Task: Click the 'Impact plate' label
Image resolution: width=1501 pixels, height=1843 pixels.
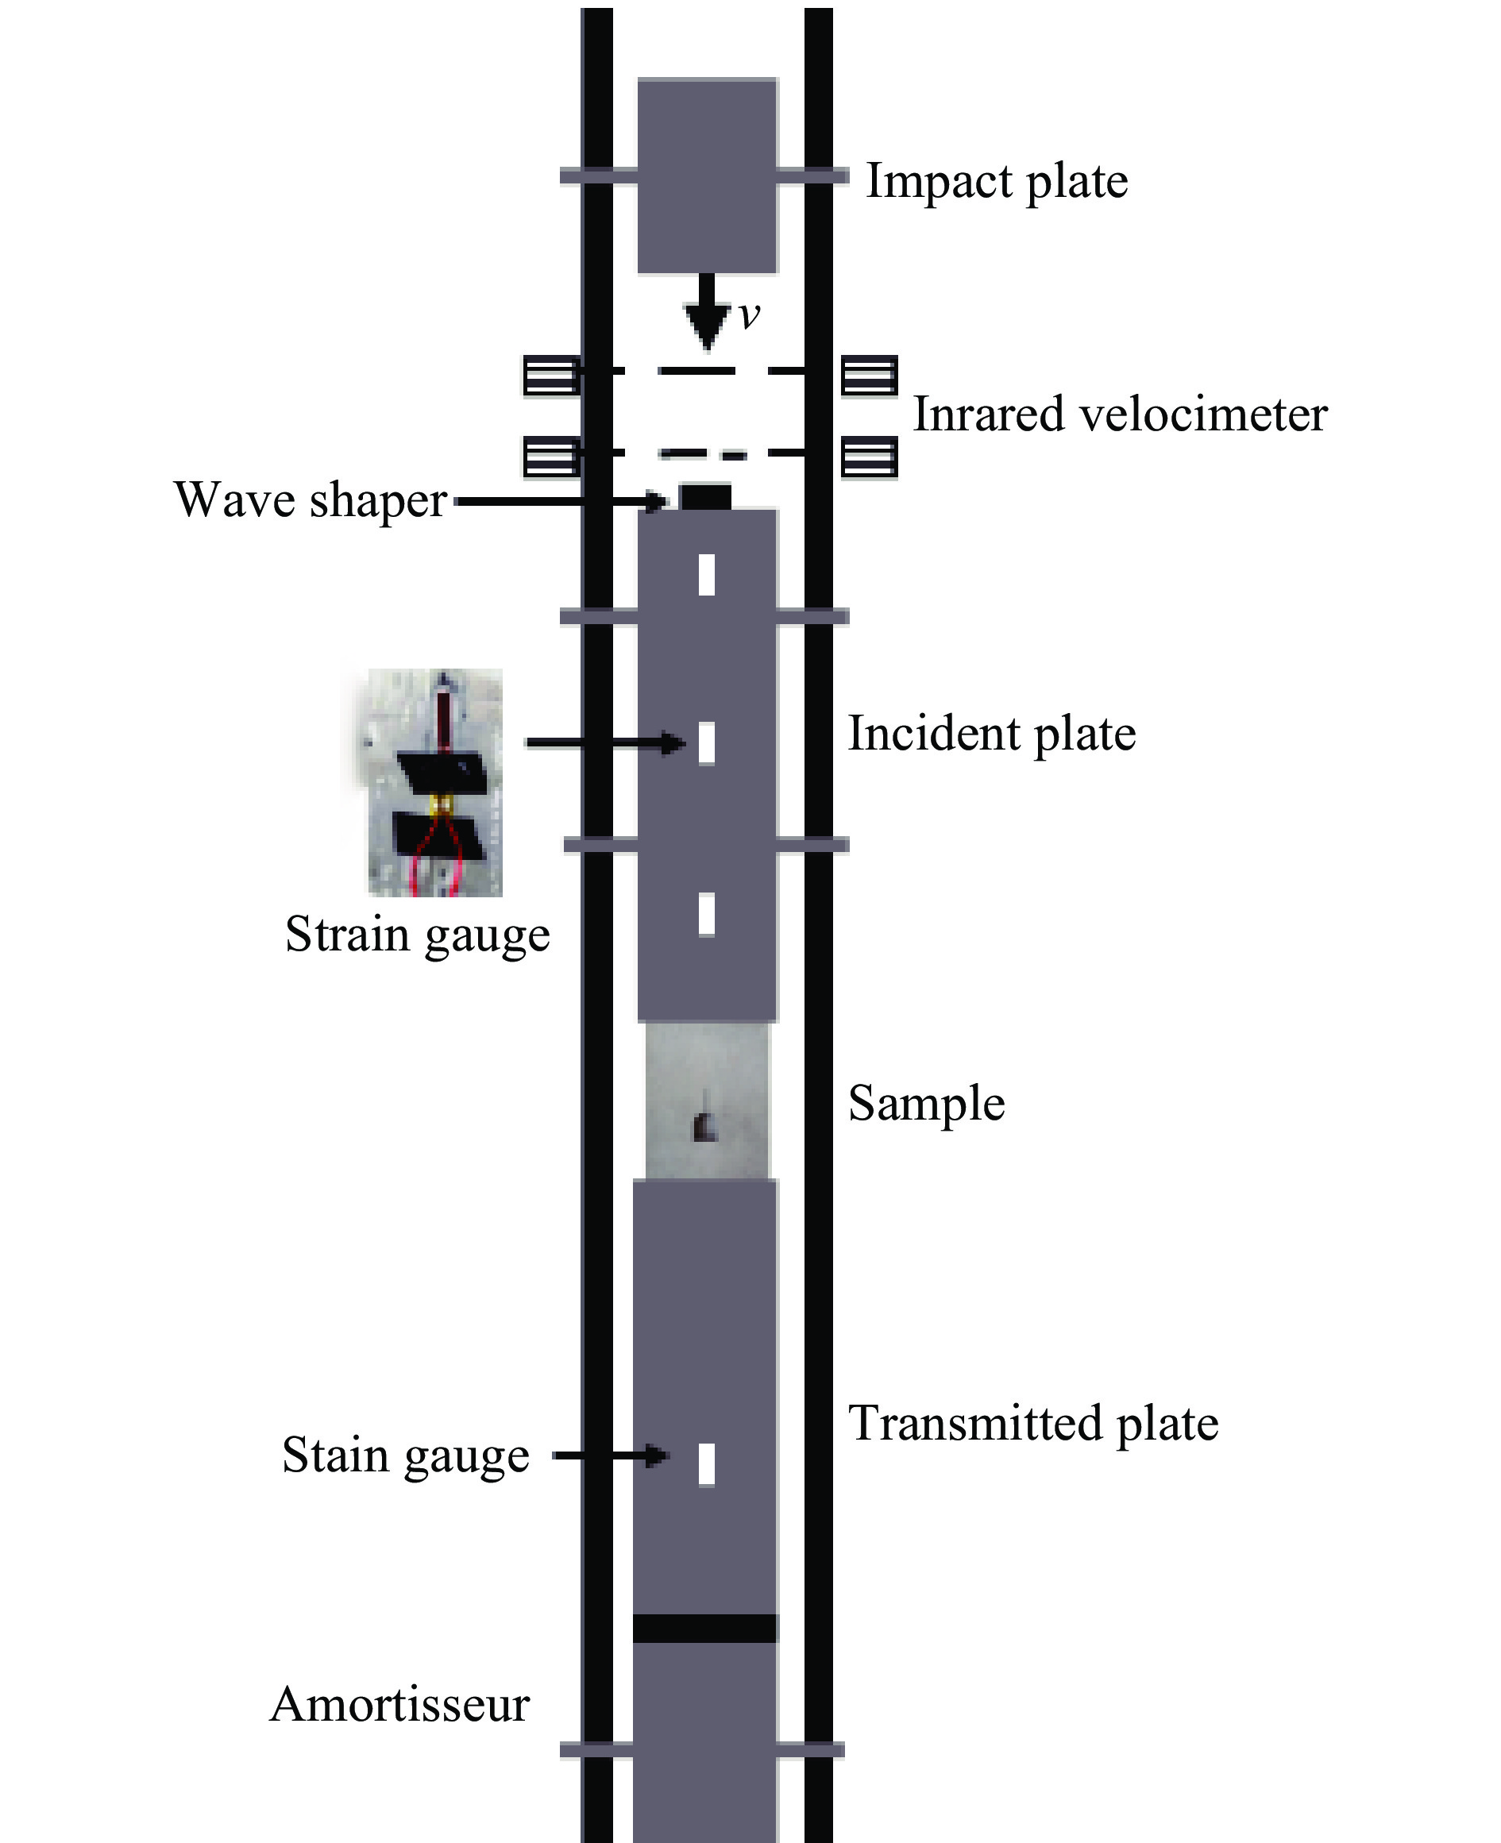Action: click(x=996, y=182)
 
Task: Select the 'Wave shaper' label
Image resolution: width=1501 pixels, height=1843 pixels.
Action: click(x=311, y=500)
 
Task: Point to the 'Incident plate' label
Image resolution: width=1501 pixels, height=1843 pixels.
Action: click(x=991, y=734)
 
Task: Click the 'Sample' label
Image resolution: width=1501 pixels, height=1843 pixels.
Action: click(x=926, y=1104)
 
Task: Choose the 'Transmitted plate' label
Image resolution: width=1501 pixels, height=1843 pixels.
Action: click(x=1033, y=1424)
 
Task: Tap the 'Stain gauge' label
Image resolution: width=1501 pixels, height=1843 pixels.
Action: click(x=406, y=1456)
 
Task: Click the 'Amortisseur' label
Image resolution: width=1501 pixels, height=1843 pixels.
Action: click(x=399, y=1705)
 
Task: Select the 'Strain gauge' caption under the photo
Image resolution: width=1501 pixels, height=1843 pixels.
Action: click(x=418, y=935)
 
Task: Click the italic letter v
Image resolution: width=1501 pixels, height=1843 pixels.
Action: click(x=749, y=314)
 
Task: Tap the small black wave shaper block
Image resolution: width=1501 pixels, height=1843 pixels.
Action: click(x=704, y=497)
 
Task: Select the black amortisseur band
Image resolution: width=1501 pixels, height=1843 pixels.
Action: click(x=704, y=1628)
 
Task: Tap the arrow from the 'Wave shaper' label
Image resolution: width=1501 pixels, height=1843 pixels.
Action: click(x=562, y=500)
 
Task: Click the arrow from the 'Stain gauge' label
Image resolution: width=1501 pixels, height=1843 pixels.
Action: click(x=611, y=1456)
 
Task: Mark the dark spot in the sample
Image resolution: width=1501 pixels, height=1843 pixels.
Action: click(x=704, y=1124)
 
